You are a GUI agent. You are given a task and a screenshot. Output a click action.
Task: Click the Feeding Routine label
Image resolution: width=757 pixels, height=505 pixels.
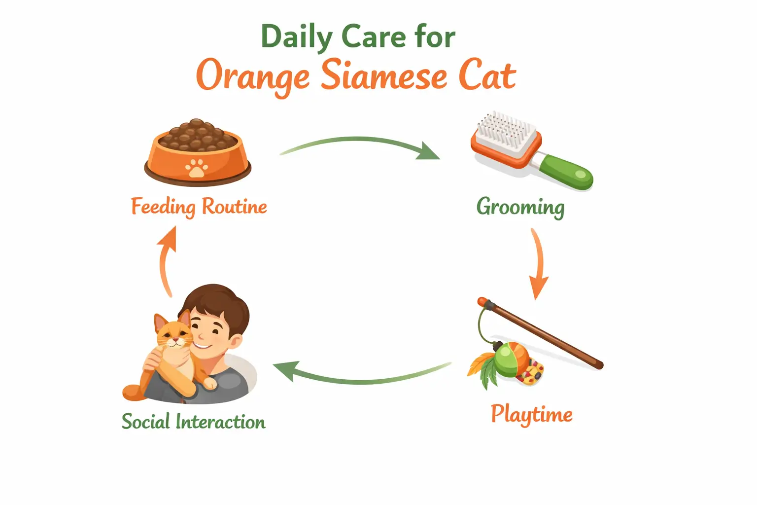tap(199, 207)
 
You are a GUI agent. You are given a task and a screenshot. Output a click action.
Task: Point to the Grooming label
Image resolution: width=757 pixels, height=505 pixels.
tap(520, 207)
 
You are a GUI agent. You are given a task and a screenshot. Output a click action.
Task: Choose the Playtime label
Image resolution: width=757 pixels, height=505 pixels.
tap(531, 414)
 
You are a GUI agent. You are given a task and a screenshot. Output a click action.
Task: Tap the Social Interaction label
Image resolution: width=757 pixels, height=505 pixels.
tap(193, 422)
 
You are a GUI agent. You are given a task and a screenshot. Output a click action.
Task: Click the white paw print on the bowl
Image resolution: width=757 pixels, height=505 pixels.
tap(197, 168)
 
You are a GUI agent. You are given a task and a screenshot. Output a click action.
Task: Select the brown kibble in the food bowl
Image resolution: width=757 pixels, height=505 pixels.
tap(197, 134)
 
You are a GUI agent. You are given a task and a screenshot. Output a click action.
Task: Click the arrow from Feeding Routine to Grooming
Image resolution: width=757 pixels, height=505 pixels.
tap(360, 143)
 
